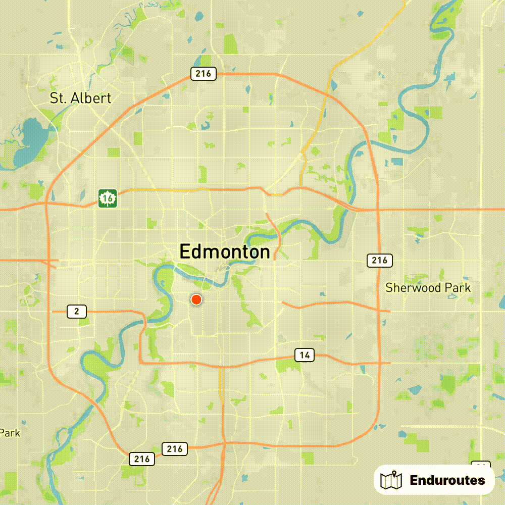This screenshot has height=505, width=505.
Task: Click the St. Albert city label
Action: click(x=80, y=98)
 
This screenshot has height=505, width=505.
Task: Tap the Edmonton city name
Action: click(x=225, y=251)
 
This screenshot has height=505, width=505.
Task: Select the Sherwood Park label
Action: click(x=428, y=288)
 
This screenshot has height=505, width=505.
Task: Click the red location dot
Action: click(x=196, y=300)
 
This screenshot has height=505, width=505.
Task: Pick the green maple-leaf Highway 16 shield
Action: click(x=108, y=198)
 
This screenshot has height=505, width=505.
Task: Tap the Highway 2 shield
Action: click(x=76, y=311)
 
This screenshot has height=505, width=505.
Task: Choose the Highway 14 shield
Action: click(x=304, y=355)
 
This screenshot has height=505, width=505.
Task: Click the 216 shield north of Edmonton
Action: click(x=204, y=74)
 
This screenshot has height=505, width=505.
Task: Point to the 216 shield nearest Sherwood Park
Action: click(x=379, y=261)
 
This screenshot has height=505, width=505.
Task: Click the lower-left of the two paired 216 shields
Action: click(x=142, y=459)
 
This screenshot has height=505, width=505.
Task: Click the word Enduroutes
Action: click(x=447, y=480)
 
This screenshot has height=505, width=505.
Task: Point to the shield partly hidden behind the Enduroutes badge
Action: click(x=480, y=465)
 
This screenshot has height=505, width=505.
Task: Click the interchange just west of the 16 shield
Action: click(x=47, y=204)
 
